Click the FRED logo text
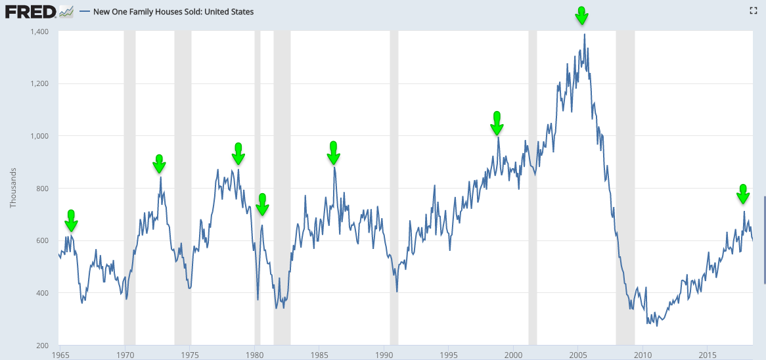[x=30, y=11]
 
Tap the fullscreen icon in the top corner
[x=754, y=11]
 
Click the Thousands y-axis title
[x=13, y=188]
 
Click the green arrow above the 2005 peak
[x=581, y=15]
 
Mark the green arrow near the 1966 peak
[x=71, y=220]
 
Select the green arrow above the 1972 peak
[x=159, y=164]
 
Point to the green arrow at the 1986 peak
[x=333, y=152]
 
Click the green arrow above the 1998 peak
[x=497, y=123]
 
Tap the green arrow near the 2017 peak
[x=743, y=194]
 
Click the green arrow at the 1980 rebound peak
[x=262, y=204]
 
